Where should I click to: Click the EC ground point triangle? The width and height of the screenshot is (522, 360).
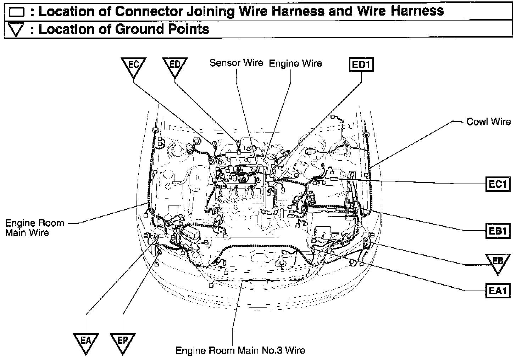[133, 66]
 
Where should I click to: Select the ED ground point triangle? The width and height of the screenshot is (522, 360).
[175, 66]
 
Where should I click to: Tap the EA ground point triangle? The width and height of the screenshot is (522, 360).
[86, 342]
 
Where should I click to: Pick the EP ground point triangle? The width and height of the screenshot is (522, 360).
[123, 342]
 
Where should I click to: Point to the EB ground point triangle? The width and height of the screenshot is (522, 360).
[498, 263]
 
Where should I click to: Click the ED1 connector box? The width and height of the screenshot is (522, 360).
[361, 65]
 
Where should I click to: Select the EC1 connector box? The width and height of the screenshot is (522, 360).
[498, 184]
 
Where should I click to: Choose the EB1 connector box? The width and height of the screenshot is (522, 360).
[498, 231]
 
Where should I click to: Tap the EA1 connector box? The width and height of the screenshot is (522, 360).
[498, 291]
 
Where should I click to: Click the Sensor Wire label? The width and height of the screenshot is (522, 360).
[236, 63]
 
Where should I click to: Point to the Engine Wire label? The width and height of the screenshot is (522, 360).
[295, 63]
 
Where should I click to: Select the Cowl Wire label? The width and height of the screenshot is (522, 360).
[488, 122]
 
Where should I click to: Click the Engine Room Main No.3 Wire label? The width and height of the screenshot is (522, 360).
[240, 350]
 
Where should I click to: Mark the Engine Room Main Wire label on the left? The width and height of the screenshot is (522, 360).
[34, 228]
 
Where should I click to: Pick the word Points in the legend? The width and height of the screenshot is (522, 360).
[188, 29]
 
